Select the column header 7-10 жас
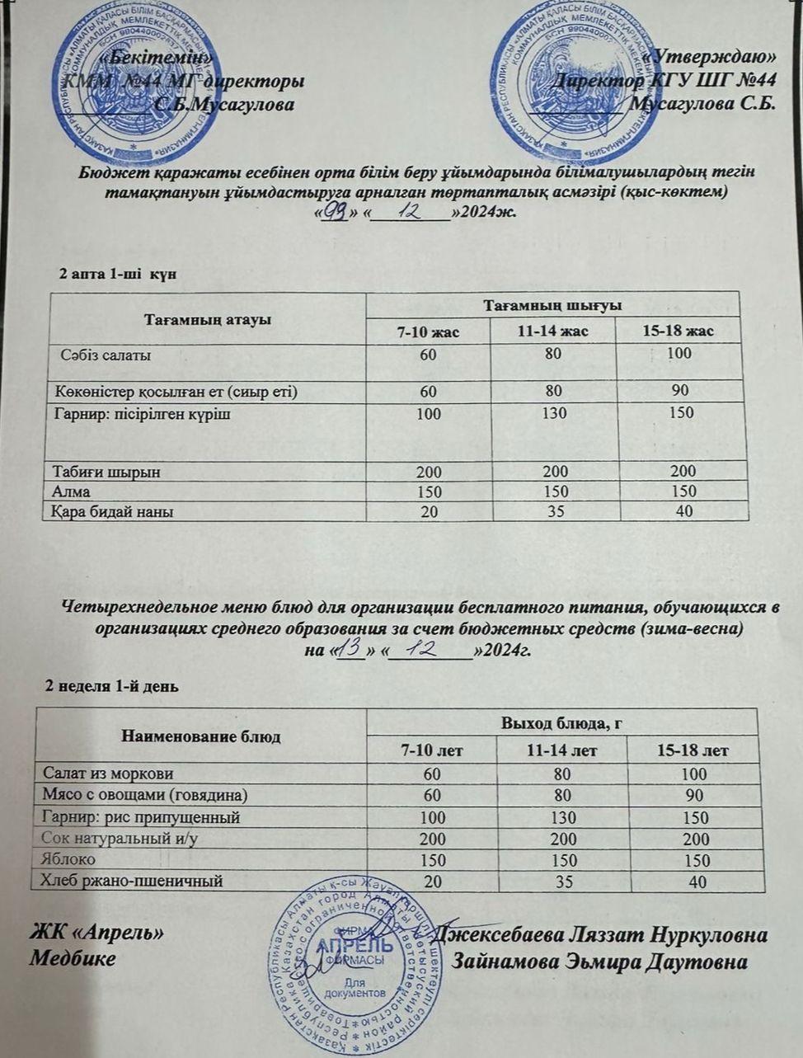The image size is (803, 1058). click(x=429, y=332)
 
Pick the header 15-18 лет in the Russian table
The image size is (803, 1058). click(x=693, y=750)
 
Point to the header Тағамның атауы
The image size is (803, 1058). click(x=208, y=319)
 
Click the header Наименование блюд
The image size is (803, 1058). click(x=201, y=736)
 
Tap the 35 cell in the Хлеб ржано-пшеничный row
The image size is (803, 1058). click(x=562, y=882)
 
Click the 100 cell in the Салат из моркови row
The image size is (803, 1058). click(x=694, y=774)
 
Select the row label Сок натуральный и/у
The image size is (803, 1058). click(x=122, y=838)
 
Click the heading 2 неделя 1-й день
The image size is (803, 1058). click(x=111, y=685)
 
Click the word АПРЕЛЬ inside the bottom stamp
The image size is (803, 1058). click(x=355, y=945)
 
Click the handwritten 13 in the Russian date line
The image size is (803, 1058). click(x=351, y=648)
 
